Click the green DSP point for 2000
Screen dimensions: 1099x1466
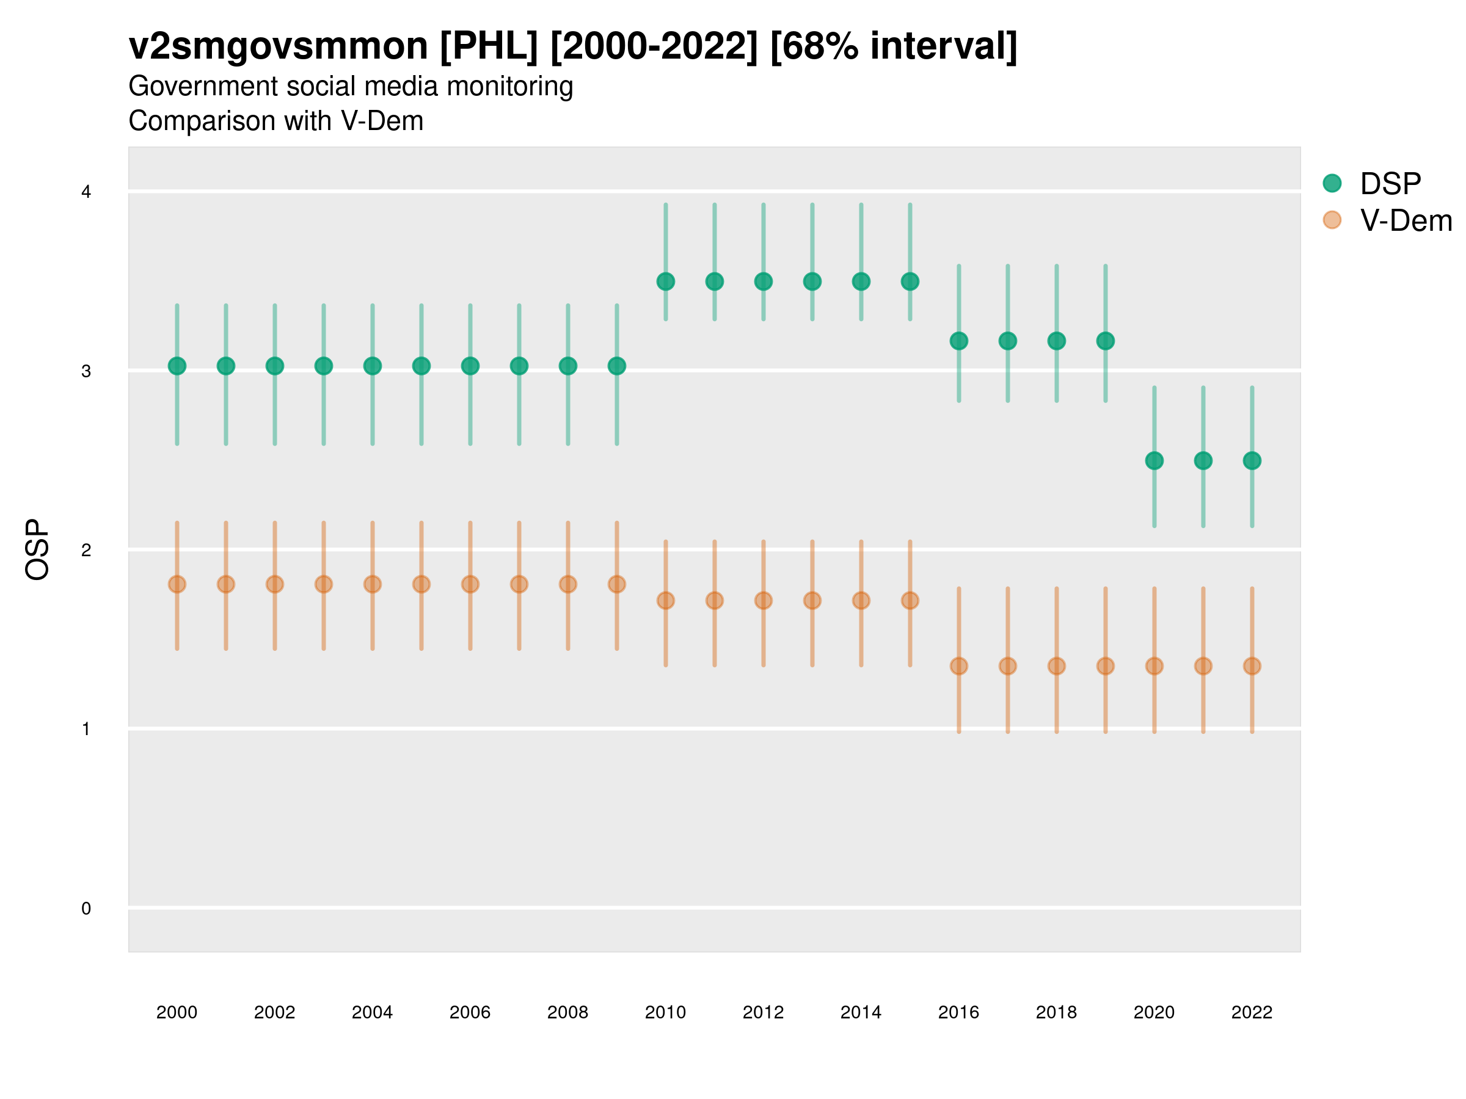coord(177,366)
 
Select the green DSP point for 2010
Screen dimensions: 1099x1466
coord(665,281)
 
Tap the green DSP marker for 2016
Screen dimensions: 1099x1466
coord(958,341)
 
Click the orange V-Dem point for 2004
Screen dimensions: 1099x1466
coord(373,584)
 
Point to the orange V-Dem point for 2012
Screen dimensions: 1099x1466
coord(764,601)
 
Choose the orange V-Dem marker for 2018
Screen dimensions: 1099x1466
coord(1056,666)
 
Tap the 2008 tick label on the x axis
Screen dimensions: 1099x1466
coord(567,1012)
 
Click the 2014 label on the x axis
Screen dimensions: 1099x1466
coord(861,1012)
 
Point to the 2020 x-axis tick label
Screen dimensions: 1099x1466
coord(1154,1012)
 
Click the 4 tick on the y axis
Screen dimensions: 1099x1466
coord(86,192)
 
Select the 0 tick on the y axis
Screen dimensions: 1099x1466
coord(86,909)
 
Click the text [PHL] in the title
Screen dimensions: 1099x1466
coord(489,46)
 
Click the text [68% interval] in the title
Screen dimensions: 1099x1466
coord(894,46)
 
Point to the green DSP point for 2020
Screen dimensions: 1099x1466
coord(1154,460)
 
